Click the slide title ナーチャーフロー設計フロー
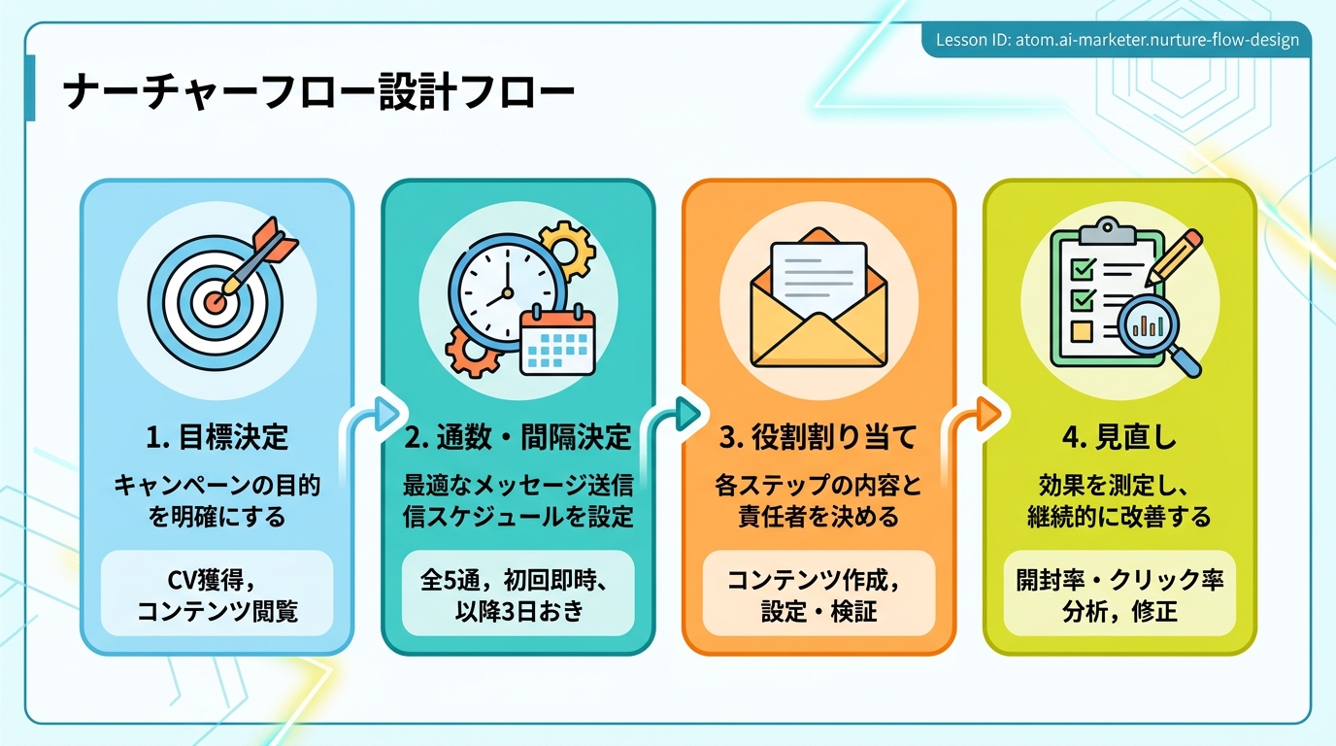318,91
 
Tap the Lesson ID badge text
1118,40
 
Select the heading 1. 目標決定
217,437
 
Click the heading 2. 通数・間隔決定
518,437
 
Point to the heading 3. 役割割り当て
818,437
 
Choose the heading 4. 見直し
1119,437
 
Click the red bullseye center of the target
215,302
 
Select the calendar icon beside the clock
557,340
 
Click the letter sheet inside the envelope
818,275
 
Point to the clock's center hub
507,293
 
